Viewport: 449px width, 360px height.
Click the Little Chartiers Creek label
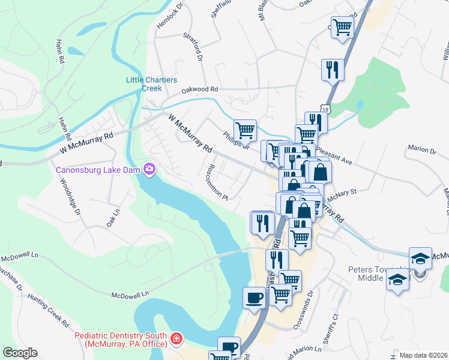click(143, 83)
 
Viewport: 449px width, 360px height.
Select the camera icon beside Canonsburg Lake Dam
click(149, 170)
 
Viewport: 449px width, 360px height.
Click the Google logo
click(20, 353)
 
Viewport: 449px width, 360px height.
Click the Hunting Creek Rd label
click(57, 316)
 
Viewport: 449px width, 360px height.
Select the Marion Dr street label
click(421, 149)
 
